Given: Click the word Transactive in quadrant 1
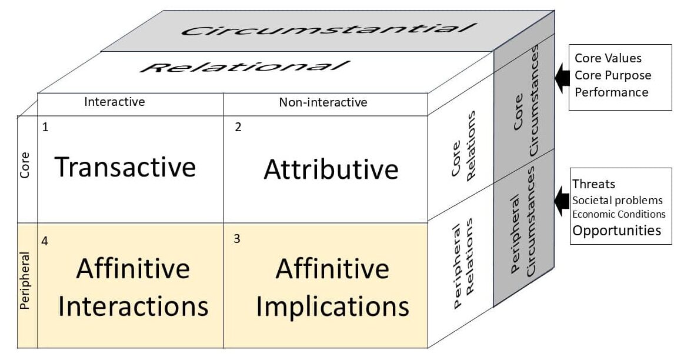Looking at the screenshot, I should coord(125,168).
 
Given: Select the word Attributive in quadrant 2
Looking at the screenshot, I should coord(331,169).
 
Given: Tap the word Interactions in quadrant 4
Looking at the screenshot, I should coord(134,306).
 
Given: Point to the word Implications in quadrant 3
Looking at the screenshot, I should coord(333,306).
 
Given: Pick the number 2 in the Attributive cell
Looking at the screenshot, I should coord(238,127).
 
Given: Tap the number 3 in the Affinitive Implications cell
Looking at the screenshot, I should coord(236,239).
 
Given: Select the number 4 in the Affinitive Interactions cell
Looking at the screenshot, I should coord(45,240).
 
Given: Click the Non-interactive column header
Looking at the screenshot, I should coord(323,102).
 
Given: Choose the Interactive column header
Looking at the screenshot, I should coord(115,102).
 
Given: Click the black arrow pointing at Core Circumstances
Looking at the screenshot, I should coord(561,74).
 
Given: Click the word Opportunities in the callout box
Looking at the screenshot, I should coord(617,230).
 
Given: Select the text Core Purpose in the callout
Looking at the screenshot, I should coord(613,75).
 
